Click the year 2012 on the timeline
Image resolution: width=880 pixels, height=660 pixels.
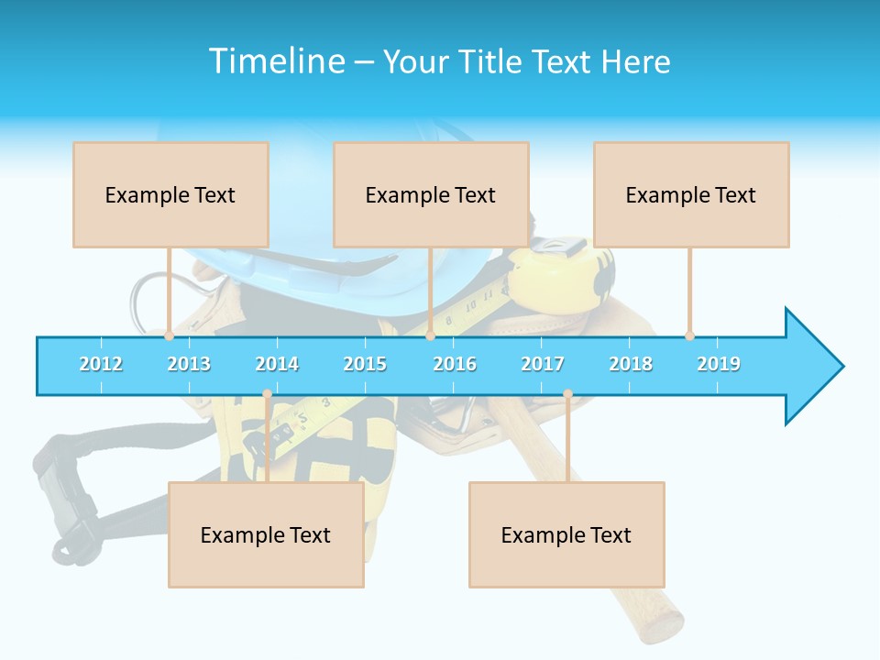tap(101, 364)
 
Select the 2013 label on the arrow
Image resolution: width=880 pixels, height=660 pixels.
tap(189, 364)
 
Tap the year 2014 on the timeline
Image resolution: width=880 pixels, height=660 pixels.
tap(277, 364)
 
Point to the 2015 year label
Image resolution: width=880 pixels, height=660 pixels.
tap(365, 364)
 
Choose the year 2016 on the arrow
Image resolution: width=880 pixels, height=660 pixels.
tap(455, 364)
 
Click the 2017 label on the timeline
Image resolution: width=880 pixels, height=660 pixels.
tap(543, 364)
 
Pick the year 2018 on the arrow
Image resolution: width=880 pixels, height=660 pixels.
tap(631, 364)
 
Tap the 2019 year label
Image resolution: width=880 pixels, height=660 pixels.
tap(719, 364)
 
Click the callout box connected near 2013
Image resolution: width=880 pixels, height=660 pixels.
tap(170, 194)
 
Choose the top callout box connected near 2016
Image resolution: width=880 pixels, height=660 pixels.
tap(431, 194)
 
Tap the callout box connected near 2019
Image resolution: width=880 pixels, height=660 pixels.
tap(691, 194)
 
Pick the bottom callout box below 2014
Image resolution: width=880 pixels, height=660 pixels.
tap(266, 534)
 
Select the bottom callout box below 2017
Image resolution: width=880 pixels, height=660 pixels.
tap(566, 534)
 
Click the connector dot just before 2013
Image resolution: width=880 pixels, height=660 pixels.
tap(169, 335)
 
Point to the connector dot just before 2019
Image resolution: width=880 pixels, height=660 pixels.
tap(689, 335)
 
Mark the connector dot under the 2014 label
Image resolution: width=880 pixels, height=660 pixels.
tap(267, 394)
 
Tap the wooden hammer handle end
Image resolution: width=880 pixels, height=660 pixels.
tap(660, 623)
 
